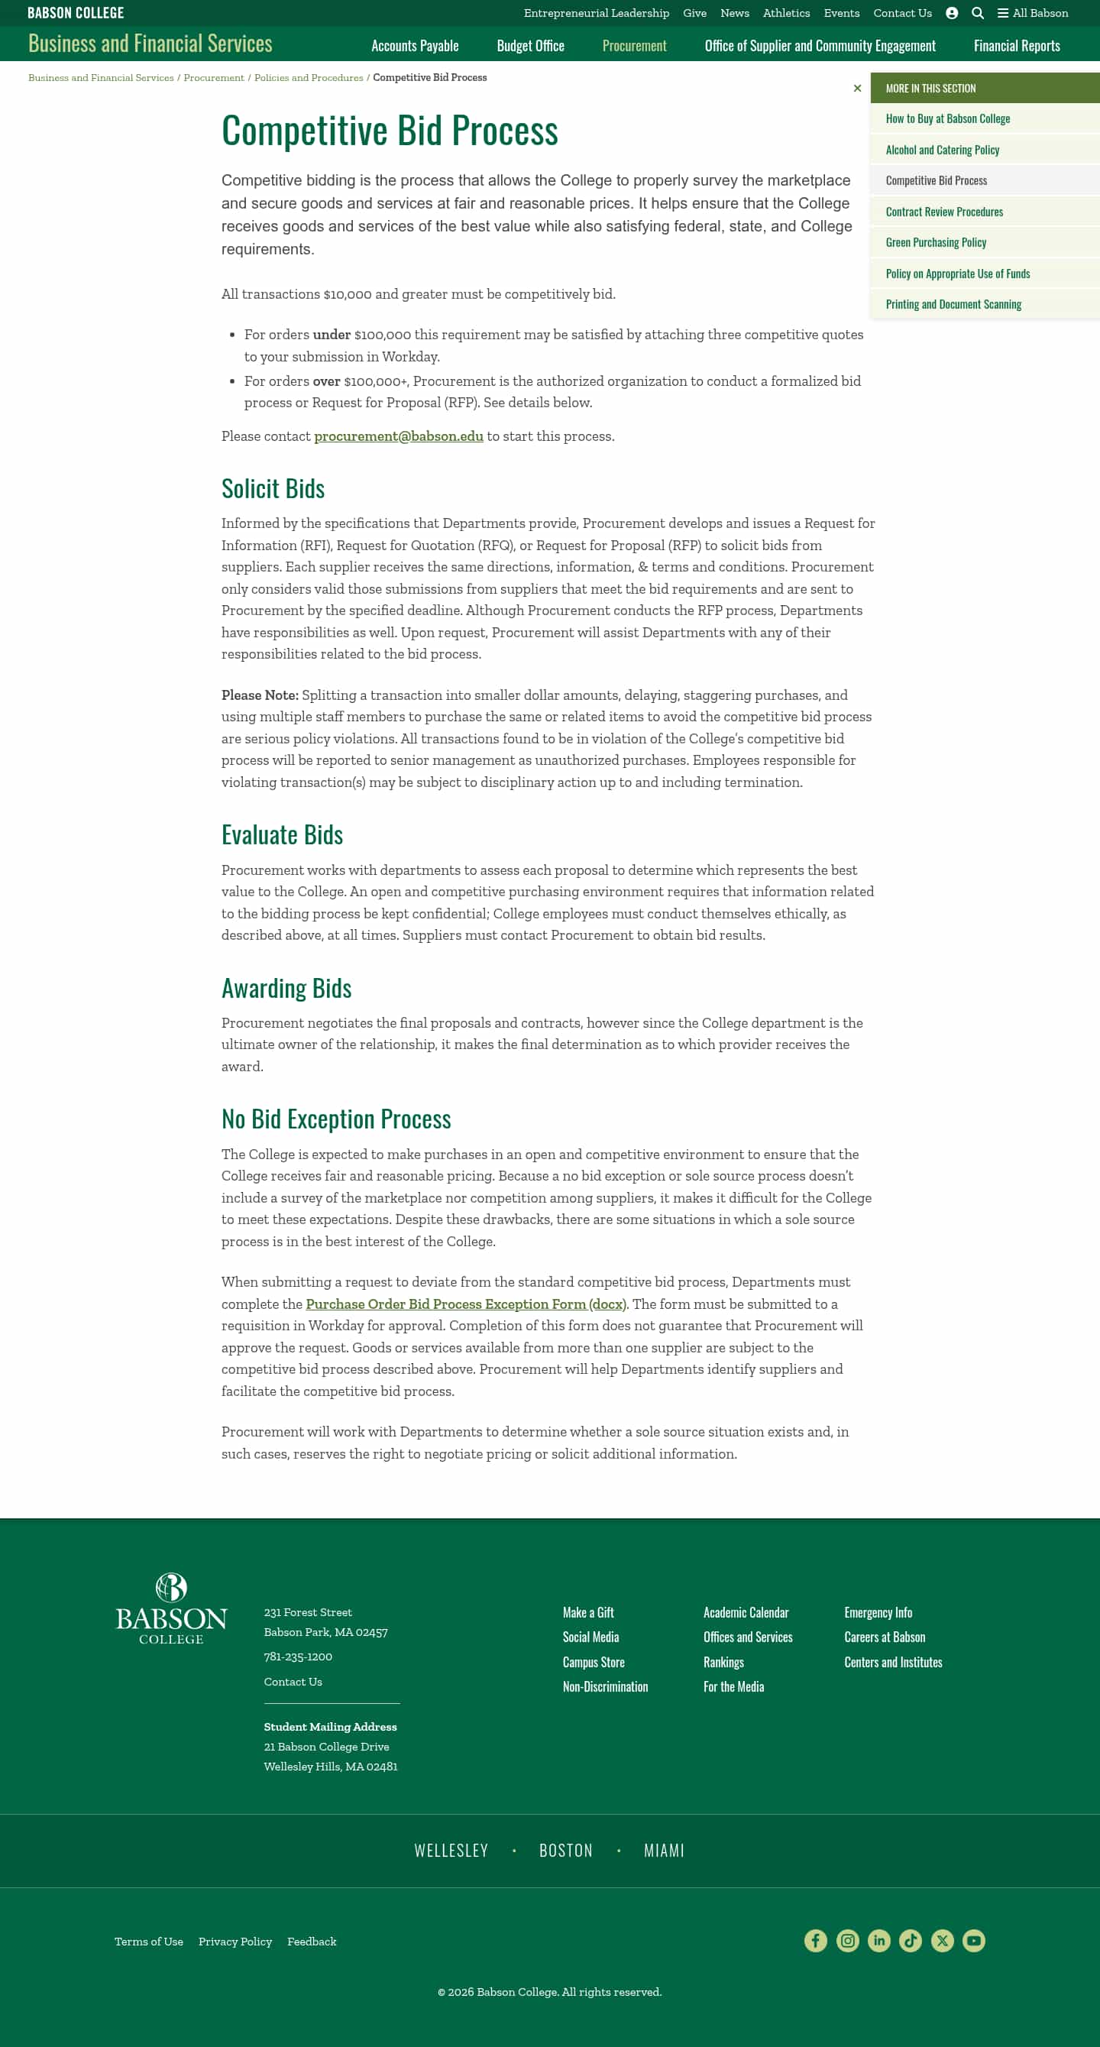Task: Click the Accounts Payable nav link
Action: [x=415, y=46]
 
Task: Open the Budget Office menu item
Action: [x=529, y=46]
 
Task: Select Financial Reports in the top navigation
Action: [x=1016, y=46]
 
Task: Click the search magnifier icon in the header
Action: [x=978, y=14]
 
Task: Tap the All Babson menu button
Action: [x=1033, y=14]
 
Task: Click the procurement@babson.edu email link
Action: [x=398, y=436]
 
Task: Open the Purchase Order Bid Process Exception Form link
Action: [x=465, y=1304]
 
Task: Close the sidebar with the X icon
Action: [x=857, y=88]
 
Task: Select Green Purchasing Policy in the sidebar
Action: [x=936, y=242]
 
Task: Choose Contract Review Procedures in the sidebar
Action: [x=943, y=212]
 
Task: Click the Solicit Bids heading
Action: [x=273, y=489]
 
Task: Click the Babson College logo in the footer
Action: [x=171, y=1608]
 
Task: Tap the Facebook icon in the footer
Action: [x=815, y=1941]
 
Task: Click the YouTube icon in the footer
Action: [x=973, y=1941]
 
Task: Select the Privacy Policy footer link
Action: [x=235, y=1942]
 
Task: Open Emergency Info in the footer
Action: [x=878, y=1612]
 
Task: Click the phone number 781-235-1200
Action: [x=298, y=1657]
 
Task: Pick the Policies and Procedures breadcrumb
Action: [x=308, y=78]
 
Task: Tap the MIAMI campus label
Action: [x=663, y=1851]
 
